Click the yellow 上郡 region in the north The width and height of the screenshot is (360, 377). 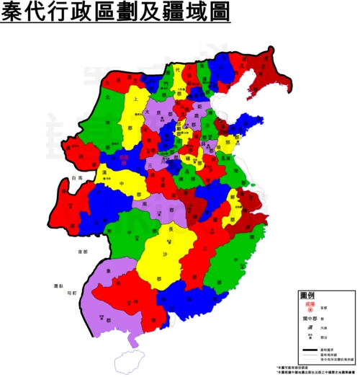click(135, 115)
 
